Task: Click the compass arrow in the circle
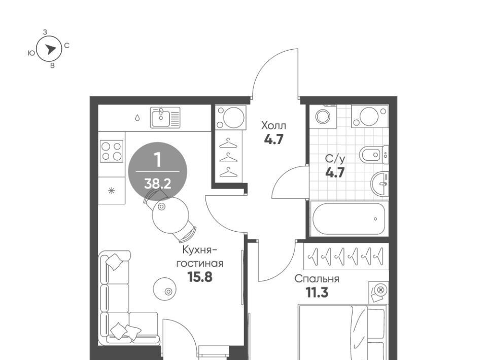(x=50, y=49)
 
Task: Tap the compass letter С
(x=67, y=46)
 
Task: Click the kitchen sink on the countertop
(x=165, y=117)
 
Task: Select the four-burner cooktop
(x=112, y=151)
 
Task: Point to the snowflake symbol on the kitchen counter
(x=112, y=191)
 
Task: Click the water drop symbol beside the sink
(x=137, y=118)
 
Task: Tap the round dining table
(x=170, y=215)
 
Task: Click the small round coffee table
(x=164, y=289)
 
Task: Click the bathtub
(x=349, y=219)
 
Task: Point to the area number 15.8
(x=200, y=277)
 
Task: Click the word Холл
(x=273, y=126)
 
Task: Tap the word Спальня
(x=317, y=279)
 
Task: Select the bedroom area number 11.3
(x=317, y=293)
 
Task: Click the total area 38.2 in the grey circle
(x=158, y=184)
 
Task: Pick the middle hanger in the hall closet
(x=228, y=158)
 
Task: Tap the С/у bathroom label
(x=335, y=159)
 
